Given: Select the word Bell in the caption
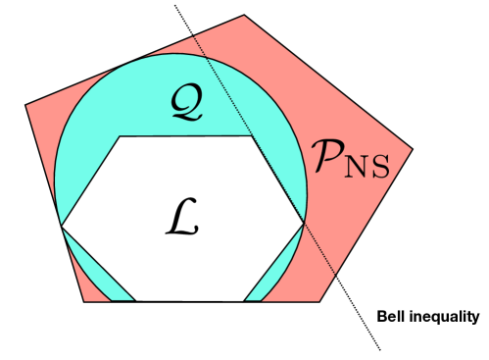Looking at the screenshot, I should click(x=392, y=317).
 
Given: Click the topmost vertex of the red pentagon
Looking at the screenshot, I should click(x=244, y=15).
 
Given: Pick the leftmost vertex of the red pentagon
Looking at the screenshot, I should click(x=24, y=104).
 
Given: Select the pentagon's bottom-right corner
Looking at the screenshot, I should click(x=322, y=301).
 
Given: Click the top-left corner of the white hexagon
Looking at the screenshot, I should click(x=120, y=136).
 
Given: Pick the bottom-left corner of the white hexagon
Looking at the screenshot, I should click(x=135, y=300).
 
